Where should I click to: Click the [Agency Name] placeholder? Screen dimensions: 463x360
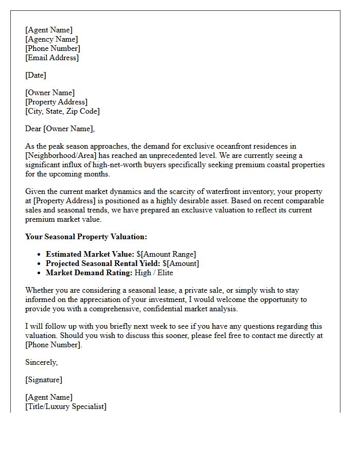(x=51, y=39)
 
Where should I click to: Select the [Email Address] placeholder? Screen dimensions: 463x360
(x=52, y=58)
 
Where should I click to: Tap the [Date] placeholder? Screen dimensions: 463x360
(x=35, y=75)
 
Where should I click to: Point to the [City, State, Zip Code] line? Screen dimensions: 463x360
(x=62, y=111)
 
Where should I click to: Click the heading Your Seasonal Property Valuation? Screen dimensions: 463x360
(x=86, y=237)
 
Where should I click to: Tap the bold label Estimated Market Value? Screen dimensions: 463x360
(x=90, y=254)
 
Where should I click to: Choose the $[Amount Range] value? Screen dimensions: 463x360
(x=166, y=254)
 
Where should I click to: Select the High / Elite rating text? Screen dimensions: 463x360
(x=154, y=273)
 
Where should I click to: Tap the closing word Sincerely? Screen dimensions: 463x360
(x=41, y=362)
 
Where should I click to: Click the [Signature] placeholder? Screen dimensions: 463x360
(x=44, y=380)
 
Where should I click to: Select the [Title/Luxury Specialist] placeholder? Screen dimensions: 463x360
(x=66, y=406)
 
